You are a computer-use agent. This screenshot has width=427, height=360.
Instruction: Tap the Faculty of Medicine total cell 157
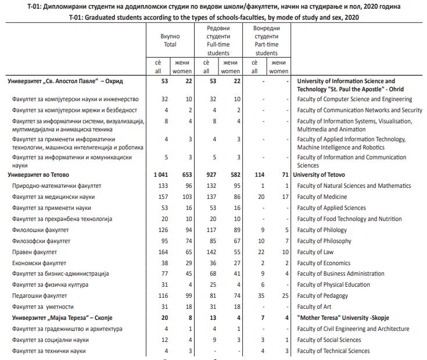click(163, 197)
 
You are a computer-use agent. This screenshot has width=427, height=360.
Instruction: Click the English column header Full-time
click(218, 44)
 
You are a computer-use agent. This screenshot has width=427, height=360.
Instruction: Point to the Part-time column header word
click(266, 44)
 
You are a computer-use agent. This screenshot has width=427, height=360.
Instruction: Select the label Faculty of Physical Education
click(333, 285)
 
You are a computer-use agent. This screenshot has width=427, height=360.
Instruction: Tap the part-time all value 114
click(259, 174)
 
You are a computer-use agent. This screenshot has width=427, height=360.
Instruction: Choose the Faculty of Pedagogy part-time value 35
click(261, 296)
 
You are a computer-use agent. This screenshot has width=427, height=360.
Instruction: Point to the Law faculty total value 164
click(163, 252)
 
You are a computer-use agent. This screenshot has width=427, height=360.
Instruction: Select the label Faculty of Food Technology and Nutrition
click(349, 219)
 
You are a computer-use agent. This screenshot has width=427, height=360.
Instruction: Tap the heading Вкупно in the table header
click(170, 36)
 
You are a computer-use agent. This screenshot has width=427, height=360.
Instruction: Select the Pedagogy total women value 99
click(188, 296)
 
